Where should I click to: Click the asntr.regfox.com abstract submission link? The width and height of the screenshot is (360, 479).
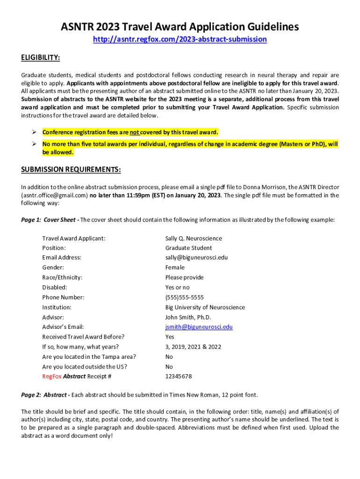click(x=180, y=39)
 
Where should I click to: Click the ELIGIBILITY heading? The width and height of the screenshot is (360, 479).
click(x=40, y=58)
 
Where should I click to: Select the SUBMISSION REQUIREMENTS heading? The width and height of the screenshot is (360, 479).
click(x=71, y=169)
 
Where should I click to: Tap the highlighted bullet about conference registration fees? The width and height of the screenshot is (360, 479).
click(x=130, y=132)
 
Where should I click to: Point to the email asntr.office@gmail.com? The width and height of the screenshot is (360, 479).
click(x=54, y=196)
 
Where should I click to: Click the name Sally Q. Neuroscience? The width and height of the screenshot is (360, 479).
click(x=194, y=239)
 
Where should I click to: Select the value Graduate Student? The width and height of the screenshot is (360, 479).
click(x=188, y=248)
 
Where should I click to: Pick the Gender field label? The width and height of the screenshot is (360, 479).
click(x=53, y=268)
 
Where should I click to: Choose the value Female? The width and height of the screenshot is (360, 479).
click(x=175, y=268)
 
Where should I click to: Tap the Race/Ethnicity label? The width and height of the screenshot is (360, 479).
click(x=62, y=277)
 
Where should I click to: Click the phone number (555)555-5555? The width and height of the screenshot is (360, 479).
click(x=185, y=298)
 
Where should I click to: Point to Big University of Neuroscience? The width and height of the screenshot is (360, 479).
click(x=205, y=307)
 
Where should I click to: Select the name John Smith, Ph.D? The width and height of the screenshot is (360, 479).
click(x=188, y=317)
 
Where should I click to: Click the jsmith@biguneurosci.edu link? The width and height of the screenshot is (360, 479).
click(x=199, y=327)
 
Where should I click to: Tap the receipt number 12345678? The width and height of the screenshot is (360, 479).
click(x=179, y=377)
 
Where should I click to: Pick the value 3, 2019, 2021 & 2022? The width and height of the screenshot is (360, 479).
click(x=193, y=347)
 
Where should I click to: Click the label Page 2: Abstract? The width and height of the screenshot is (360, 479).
click(x=44, y=395)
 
